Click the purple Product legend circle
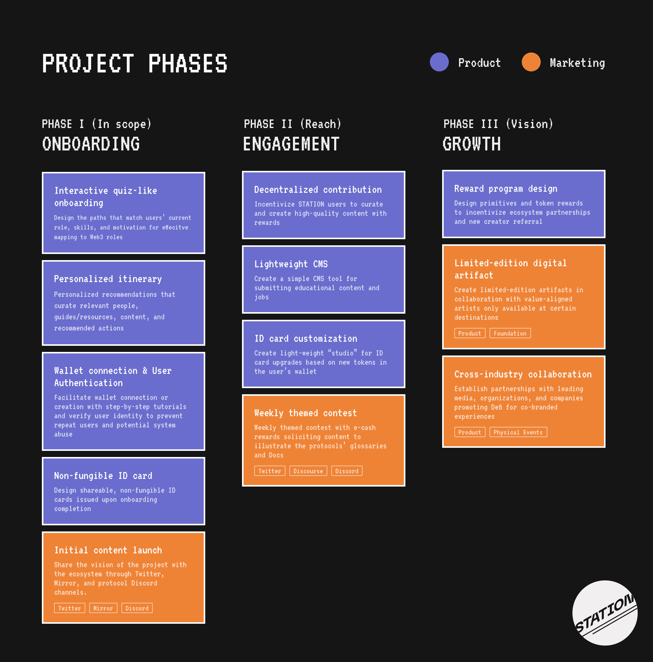(x=439, y=62)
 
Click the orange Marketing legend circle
(x=531, y=62)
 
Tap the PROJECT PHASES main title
(x=135, y=63)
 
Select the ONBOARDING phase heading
(x=91, y=144)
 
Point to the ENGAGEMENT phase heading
(x=291, y=144)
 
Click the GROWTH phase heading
(x=471, y=144)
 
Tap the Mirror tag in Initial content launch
(x=103, y=608)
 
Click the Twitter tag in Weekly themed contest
(x=270, y=471)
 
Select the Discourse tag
(x=308, y=471)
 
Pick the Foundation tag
(x=510, y=333)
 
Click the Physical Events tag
(x=518, y=432)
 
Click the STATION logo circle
(x=605, y=613)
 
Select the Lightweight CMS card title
(x=291, y=264)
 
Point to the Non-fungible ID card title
(x=103, y=476)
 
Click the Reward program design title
(x=505, y=189)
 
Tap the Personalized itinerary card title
(x=108, y=279)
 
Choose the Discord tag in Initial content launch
(x=137, y=608)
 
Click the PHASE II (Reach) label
(x=293, y=124)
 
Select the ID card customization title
(x=306, y=339)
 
